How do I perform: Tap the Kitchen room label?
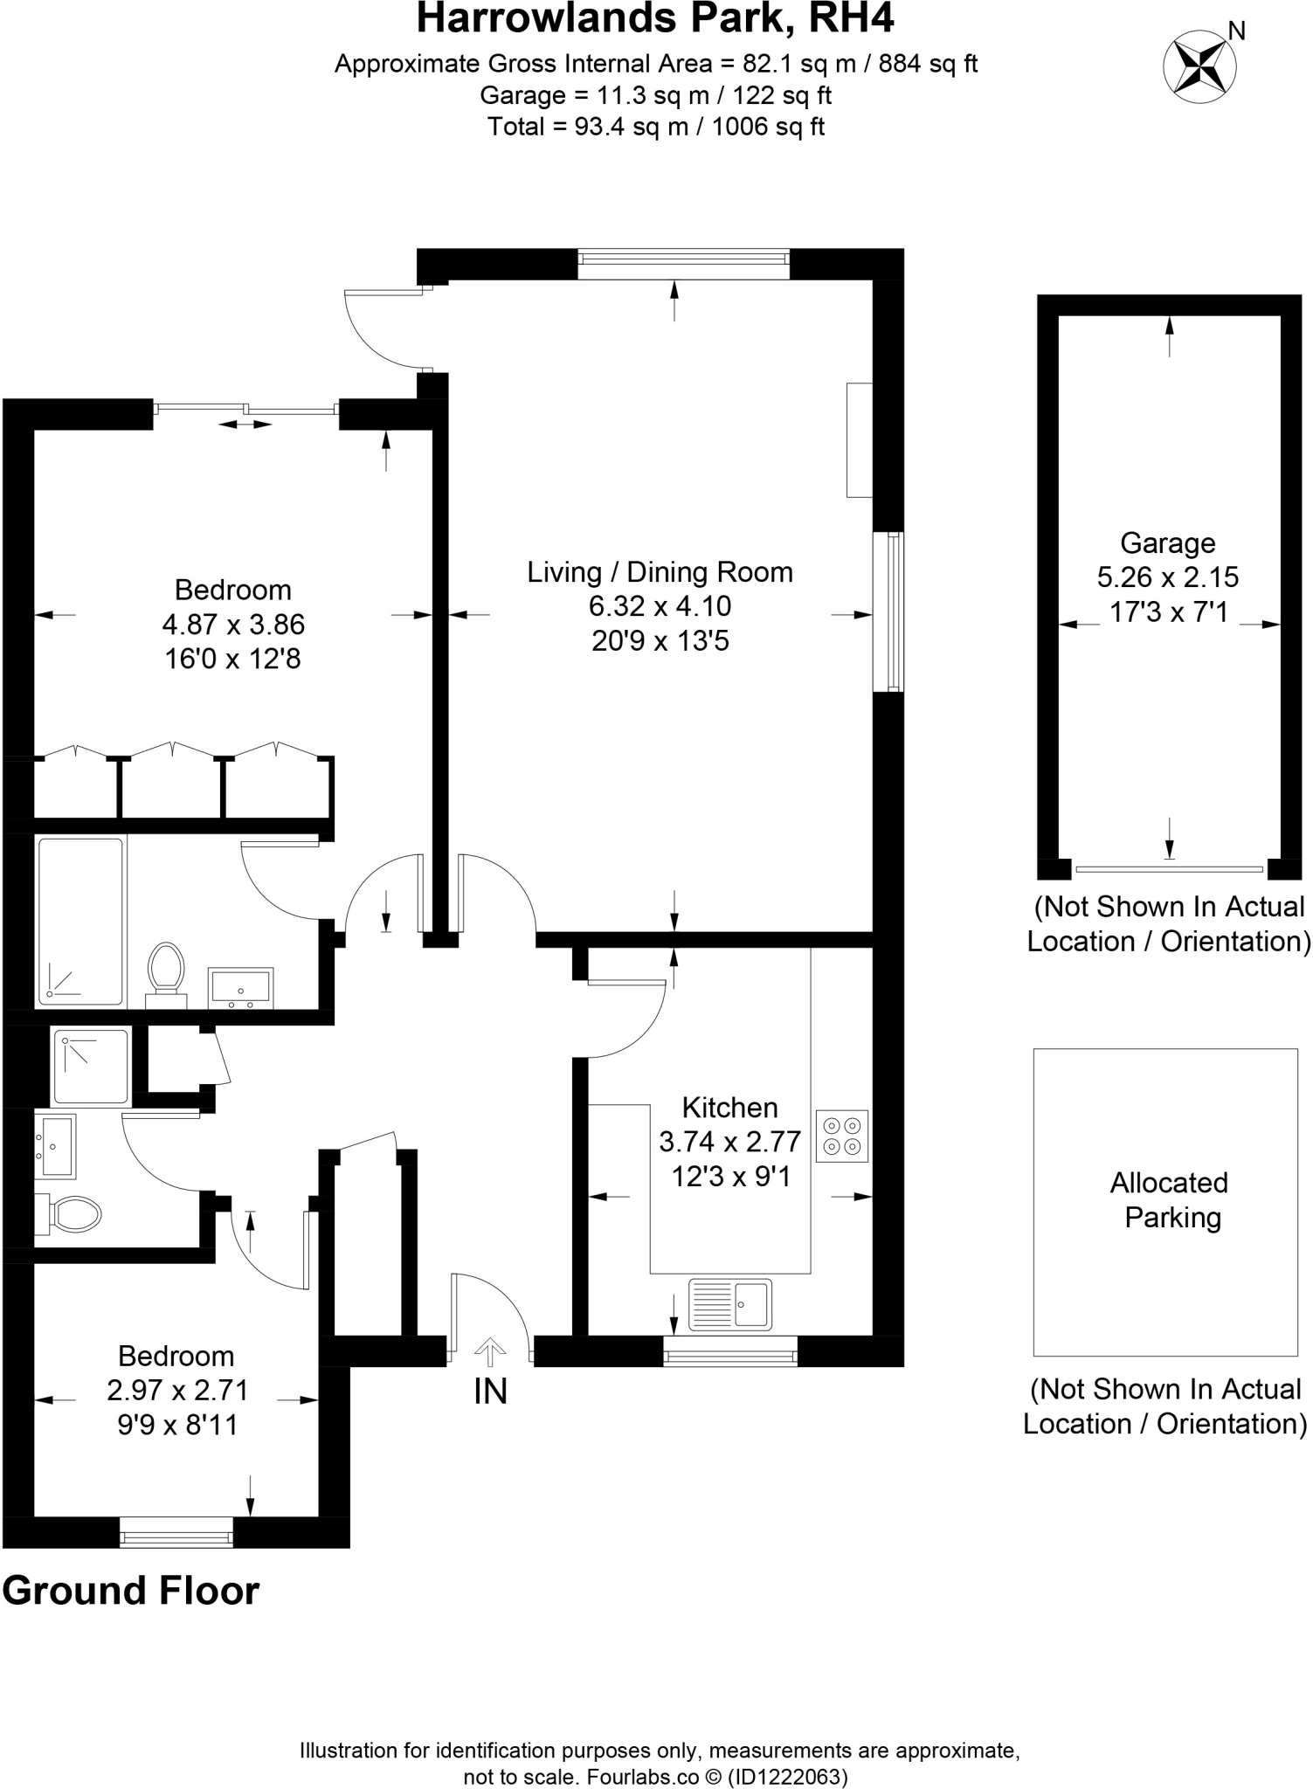[x=729, y=1108]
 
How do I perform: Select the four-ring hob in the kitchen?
[x=842, y=1136]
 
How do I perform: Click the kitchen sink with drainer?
[x=730, y=1304]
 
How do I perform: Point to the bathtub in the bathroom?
[x=80, y=922]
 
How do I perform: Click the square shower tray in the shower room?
[x=91, y=1067]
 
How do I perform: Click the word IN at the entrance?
[x=490, y=1392]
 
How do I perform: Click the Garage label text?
[x=1168, y=543]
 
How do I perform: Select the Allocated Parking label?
[x=1169, y=1200]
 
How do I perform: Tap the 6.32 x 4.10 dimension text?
[x=660, y=606]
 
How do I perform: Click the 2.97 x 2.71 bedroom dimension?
[x=178, y=1390]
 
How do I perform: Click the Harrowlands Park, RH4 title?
[x=655, y=19]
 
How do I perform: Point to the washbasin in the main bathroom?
[x=241, y=987]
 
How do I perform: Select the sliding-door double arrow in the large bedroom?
[x=245, y=425]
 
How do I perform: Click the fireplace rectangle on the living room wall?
[x=860, y=439]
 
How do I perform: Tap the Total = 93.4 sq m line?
[x=655, y=128]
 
